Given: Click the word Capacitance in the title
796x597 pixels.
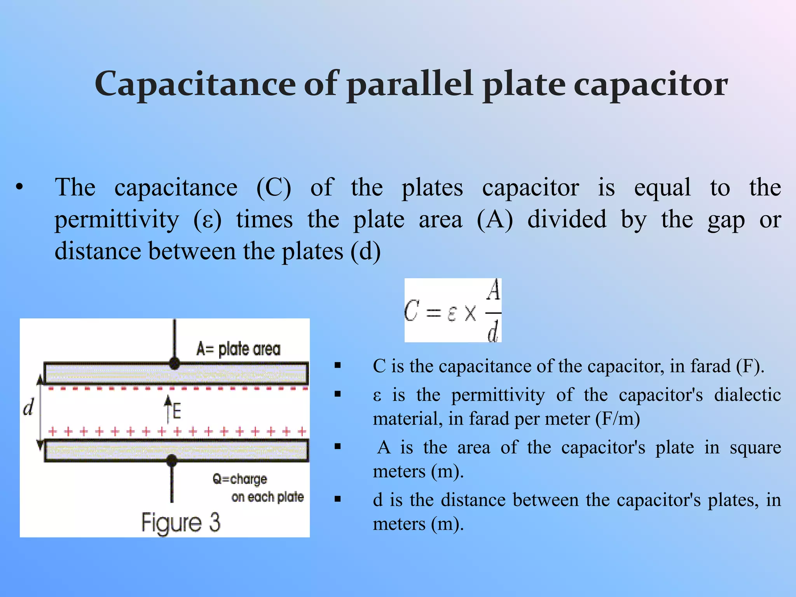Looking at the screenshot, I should (x=195, y=84).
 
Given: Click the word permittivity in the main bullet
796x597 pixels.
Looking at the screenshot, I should (x=117, y=220).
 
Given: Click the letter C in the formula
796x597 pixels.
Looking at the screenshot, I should (x=412, y=311).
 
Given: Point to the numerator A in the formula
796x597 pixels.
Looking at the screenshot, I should (x=494, y=290).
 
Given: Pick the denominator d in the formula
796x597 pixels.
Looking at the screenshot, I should (x=493, y=332).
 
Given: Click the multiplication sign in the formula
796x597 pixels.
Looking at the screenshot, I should (x=470, y=312).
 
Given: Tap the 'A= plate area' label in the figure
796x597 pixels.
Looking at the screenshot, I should (x=238, y=349).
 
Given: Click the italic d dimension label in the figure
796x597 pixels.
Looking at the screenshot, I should (x=28, y=408).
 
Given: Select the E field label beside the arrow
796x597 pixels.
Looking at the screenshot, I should (x=177, y=411).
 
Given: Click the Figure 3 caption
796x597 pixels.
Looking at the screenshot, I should (x=181, y=522).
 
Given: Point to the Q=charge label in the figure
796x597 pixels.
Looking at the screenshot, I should (x=240, y=479).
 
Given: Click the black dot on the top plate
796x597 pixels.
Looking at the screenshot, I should (x=175, y=364).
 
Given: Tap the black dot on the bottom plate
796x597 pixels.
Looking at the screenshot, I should (x=172, y=461).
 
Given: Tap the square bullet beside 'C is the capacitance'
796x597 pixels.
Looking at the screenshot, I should (x=338, y=365).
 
